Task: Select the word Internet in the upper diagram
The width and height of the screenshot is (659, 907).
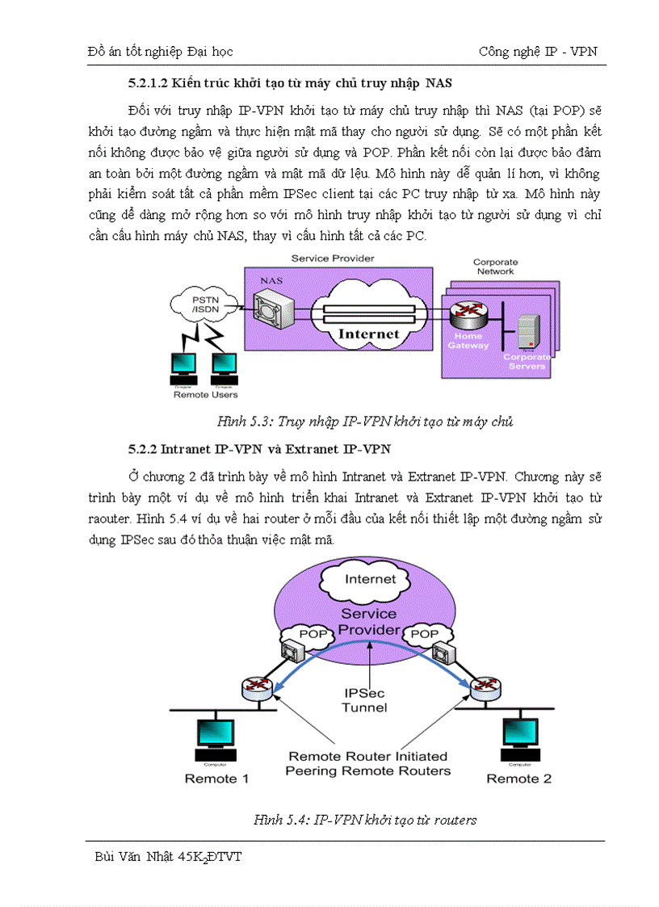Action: pyautogui.click(x=368, y=333)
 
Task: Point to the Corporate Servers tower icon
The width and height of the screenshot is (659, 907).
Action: pyautogui.click(x=527, y=330)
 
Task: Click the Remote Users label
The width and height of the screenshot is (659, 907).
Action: pyautogui.click(x=205, y=395)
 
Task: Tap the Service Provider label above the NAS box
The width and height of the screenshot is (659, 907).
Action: pyautogui.click(x=333, y=258)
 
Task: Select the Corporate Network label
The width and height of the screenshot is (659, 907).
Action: pyautogui.click(x=495, y=267)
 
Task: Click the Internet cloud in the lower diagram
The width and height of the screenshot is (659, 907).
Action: pyautogui.click(x=371, y=578)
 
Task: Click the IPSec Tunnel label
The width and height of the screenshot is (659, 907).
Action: pyautogui.click(x=366, y=700)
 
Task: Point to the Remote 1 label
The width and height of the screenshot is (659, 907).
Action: pyautogui.click(x=216, y=779)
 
